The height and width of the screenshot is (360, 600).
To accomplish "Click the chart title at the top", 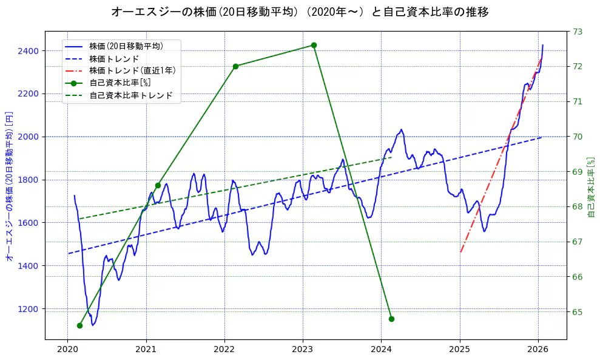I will coord(300,12).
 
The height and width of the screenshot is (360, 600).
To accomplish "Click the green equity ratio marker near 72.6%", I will coord(314,45).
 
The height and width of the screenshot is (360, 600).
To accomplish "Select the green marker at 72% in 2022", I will coord(235,66).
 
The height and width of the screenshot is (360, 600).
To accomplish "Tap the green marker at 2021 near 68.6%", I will coord(158,185).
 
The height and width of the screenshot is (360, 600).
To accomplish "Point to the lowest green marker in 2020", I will coord(79,325).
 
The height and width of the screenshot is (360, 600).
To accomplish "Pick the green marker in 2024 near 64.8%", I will coord(391,319).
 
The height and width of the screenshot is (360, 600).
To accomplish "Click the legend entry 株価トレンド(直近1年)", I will coord(132,70).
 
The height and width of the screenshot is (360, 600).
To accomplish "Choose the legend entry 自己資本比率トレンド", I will coord(131,95).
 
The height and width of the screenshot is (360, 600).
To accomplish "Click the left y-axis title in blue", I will coord(9,186).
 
